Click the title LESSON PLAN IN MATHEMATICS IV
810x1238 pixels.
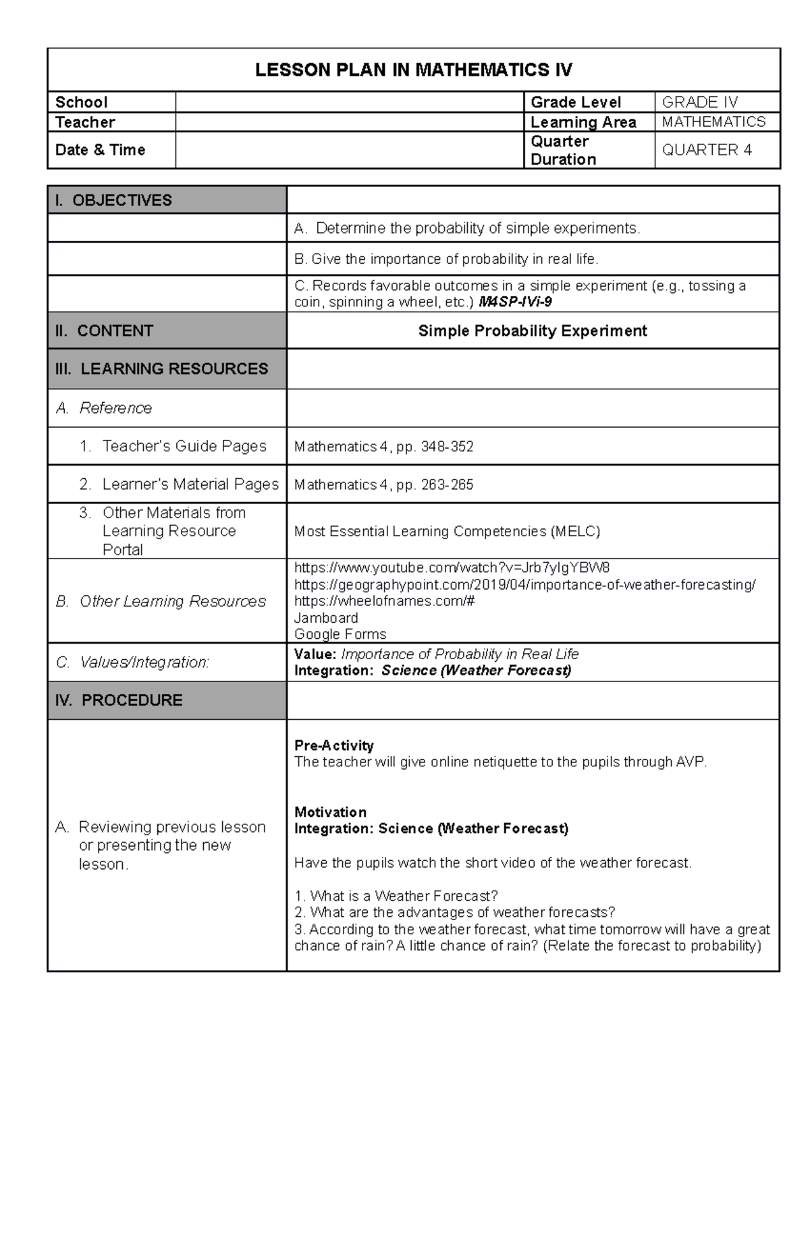tap(413, 69)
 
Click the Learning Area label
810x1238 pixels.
tap(583, 122)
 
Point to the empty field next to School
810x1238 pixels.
tap(349, 102)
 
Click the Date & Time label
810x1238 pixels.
tap(100, 150)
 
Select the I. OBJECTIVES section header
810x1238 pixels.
tap(113, 200)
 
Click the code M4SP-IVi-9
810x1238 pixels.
tap(514, 302)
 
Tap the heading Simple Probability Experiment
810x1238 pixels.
tap(532, 331)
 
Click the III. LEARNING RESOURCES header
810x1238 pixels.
tap(161, 368)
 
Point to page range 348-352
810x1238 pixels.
tap(447, 447)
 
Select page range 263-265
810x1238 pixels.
tap(447, 484)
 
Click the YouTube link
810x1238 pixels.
tap(452, 567)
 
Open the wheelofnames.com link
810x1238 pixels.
tap(384, 600)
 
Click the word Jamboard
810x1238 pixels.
tap(326, 617)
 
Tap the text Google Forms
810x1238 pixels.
tap(340, 634)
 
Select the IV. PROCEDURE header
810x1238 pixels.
tap(119, 700)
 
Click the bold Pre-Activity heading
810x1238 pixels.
tap(333, 745)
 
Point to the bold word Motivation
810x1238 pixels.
tap(330, 812)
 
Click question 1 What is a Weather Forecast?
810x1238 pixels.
tap(396, 896)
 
